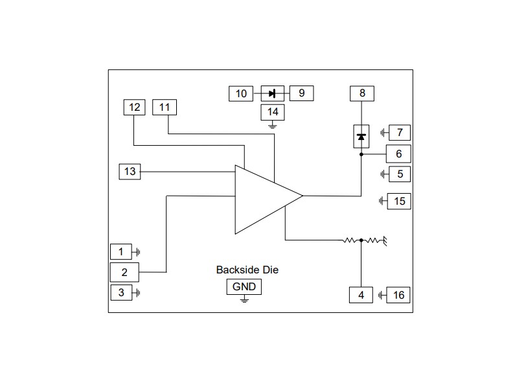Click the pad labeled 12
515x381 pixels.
pyautogui.click(x=135, y=108)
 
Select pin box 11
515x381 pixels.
pyautogui.click(x=165, y=108)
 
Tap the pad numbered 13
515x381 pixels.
pyautogui.click(x=130, y=172)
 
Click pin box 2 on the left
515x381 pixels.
pyautogui.click(x=124, y=272)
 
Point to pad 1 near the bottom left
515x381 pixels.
pyautogui.click(x=120, y=251)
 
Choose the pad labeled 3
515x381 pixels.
pyautogui.click(x=120, y=293)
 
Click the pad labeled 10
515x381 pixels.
pyautogui.click(x=241, y=94)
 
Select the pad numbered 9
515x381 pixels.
pyautogui.click(x=301, y=94)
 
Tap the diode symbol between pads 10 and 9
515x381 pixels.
pyautogui.click(x=272, y=94)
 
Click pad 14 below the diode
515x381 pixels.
pyautogui.click(x=273, y=112)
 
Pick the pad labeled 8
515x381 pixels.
pyautogui.click(x=362, y=93)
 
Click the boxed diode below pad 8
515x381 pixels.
pyautogui.click(x=361, y=137)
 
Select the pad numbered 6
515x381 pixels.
pyautogui.click(x=398, y=154)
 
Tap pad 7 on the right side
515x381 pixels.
pyautogui.click(x=399, y=133)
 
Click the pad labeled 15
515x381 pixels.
pyautogui.click(x=399, y=202)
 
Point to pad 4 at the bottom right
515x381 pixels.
pyautogui.click(x=361, y=295)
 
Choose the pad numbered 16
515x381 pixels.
pyautogui.click(x=398, y=295)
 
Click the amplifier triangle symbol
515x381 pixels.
pyautogui.click(x=262, y=198)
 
